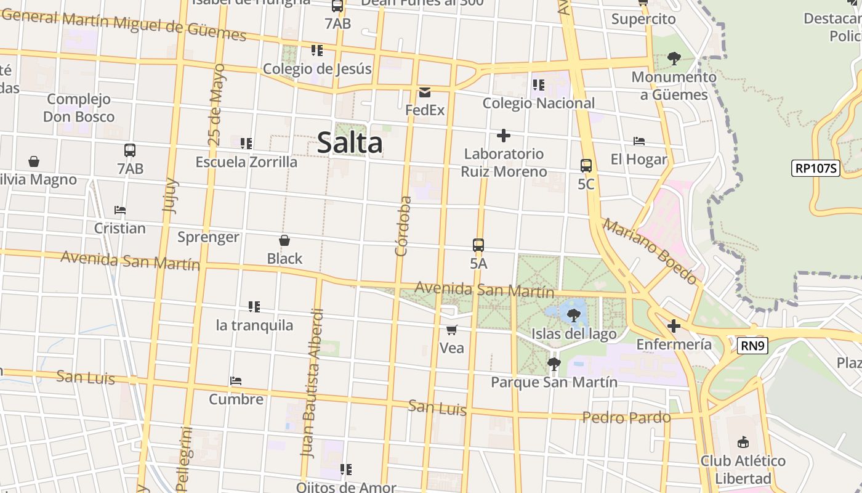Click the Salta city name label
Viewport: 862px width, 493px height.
point(350,143)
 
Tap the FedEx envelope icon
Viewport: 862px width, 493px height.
point(425,92)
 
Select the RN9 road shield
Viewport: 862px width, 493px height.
point(752,346)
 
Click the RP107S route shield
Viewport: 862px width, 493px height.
point(816,168)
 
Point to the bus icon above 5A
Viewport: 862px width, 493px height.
point(478,245)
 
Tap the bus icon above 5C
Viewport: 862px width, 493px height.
point(586,165)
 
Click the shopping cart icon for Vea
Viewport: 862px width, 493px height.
point(452,330)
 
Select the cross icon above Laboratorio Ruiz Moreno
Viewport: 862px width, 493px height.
point(504,136)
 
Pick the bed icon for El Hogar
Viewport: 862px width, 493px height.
point(639,141)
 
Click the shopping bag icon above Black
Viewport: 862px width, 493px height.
point(284,240)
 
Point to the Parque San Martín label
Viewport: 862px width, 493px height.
point(554,382)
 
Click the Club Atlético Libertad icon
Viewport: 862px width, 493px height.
point(743,442)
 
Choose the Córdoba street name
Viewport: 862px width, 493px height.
point(403,226)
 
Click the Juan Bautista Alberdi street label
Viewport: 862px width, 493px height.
point(312,382)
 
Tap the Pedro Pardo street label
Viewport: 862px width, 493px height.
point(626,418)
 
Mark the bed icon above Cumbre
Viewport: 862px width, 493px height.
point(236,381)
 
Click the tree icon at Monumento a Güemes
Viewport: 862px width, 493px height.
point(674,59)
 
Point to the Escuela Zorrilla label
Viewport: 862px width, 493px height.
point(246,162)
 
